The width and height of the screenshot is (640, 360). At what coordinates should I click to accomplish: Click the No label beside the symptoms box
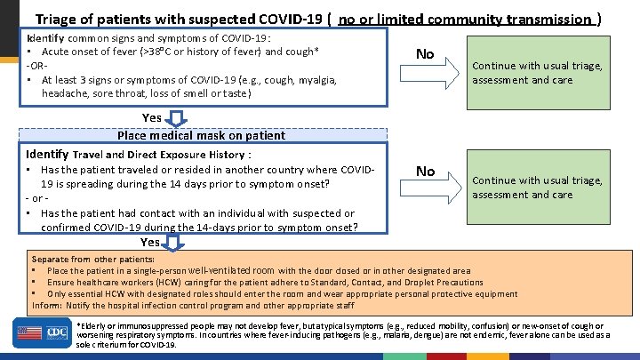click(425, 54)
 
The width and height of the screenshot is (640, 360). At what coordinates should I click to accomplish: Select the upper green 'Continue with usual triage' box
click(537, 73)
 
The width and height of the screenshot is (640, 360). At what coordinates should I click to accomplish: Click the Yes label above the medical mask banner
click(152, 117)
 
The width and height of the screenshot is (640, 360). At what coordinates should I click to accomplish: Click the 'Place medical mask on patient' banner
click(202, 136)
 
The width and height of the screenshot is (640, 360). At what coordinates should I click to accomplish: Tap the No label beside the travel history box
click(426, 171)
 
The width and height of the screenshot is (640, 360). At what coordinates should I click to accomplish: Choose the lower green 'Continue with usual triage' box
click(537, 188)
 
